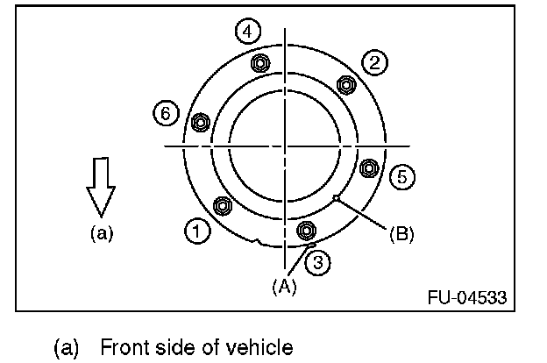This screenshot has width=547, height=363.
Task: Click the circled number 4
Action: pos(248,32)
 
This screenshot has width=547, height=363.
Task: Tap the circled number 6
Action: pos(164,112)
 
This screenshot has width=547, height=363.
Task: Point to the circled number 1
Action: pos(197,231)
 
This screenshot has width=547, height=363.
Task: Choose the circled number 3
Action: pos(320,260)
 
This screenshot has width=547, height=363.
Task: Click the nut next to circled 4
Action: pos(259,64)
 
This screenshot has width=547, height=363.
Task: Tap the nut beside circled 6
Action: pos(199,123)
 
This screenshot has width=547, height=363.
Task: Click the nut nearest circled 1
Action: pos(223,207)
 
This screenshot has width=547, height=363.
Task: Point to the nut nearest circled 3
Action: pos(306,231)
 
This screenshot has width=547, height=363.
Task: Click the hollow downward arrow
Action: pos(101,186)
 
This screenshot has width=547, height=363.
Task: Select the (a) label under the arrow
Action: pos(101,233)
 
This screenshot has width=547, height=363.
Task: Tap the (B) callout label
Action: pos(401,234)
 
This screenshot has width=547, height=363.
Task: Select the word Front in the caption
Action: pos(126,348)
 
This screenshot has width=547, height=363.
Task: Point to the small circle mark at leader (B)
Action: pos(337,199)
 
